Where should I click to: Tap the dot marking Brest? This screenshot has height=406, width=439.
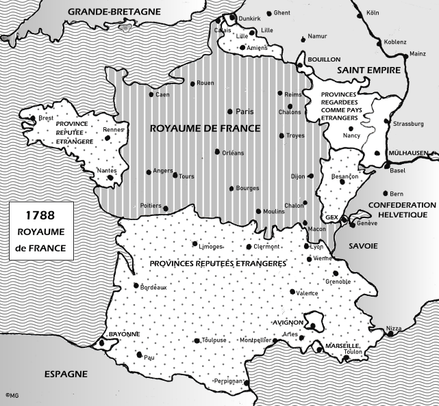(x=33, y=118)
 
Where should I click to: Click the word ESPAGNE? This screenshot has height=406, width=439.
(x=66, y=374)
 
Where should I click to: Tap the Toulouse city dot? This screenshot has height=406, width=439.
(x=197, y=340)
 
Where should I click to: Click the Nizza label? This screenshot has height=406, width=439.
(x=393, y=329)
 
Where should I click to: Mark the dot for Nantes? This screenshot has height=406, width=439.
(x=110, y=178)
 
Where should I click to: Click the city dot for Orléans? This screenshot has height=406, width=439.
(x=216, y=152)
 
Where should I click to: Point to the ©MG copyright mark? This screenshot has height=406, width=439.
(x=11, y=394)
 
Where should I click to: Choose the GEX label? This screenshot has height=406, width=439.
(x=334, y=217)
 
